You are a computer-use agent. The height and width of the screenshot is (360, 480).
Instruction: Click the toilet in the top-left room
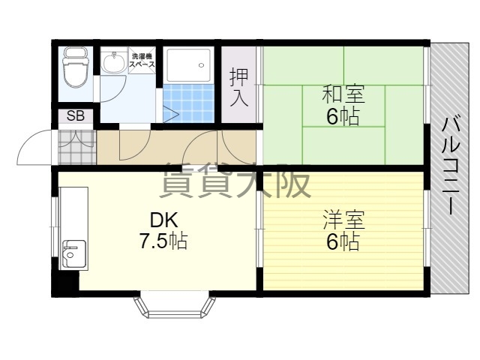[x=75, y=67]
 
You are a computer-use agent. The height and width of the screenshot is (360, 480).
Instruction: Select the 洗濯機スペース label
[x=142, y=60]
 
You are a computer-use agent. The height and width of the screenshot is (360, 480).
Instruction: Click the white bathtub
[x=188, y=65]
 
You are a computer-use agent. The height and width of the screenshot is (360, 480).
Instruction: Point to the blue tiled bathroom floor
[x=188, y=103]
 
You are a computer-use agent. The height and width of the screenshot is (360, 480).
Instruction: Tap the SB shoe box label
[x=75, y=116]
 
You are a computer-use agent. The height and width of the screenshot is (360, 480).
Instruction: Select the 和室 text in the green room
[x=343, y=94]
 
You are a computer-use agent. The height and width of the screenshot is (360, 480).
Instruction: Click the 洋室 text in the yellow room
[x=343, y=220]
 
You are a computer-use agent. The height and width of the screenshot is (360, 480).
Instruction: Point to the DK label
[x=163, y=220]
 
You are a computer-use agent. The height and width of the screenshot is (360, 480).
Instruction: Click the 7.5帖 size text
[x=163, y=241]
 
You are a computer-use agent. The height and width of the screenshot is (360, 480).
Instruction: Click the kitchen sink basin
[x=73, y=253]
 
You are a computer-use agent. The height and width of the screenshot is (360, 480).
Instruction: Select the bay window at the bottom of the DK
[x=175, y=305]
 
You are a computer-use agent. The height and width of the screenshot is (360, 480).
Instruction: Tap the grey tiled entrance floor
[x=76, y=147]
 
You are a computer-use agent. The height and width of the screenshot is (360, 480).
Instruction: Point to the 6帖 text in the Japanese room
[x=343, y=117]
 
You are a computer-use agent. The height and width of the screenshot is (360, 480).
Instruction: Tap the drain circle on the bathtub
[x=201, y=65]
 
